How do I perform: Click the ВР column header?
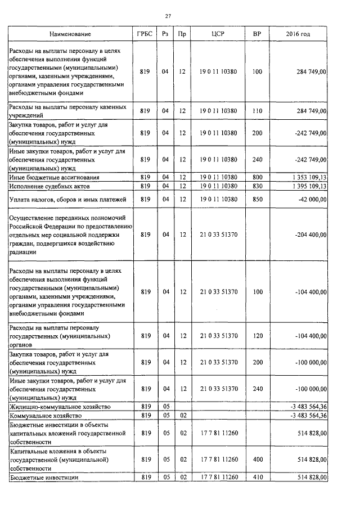[257, 34]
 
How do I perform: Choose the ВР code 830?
[257, 186]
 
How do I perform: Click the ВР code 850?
[257, 199]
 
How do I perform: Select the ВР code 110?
[257, 111]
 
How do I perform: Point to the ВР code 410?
[257, 478]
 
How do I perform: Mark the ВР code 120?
[257, 336]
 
